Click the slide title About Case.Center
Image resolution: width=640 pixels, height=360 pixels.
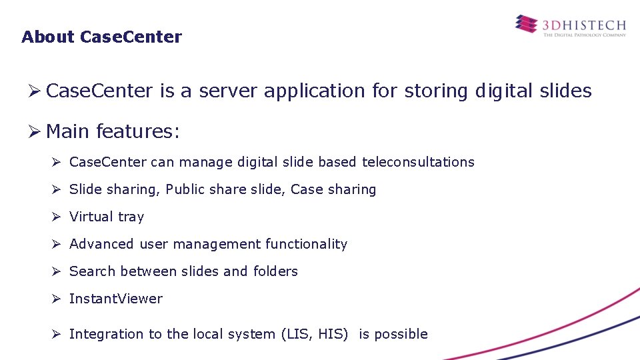pos(101,37)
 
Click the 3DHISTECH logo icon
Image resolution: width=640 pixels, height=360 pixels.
pos(525,25)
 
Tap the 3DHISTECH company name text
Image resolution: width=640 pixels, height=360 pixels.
pos(584,25)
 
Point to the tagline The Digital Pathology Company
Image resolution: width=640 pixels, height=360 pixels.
pos(585,35)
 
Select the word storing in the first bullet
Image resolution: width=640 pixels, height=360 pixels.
pos(435,91)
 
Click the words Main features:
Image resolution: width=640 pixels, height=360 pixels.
pos(113,131)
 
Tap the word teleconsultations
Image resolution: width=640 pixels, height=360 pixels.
pos(418,162)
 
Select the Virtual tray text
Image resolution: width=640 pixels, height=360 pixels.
pos(107,217)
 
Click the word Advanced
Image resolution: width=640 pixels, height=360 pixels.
pos(101,244)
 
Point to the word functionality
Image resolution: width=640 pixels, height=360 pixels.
pos(306,244)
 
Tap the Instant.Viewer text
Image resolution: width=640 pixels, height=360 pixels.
pos(116,299)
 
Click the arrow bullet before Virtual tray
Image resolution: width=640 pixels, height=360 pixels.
pos(57,217)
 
